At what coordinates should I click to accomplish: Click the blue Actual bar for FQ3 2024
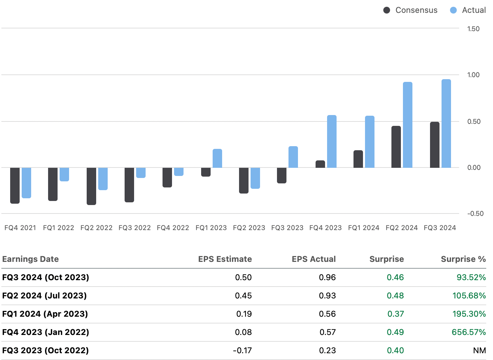coord(446,123)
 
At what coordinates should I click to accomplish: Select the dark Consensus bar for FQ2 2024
coord(396,147)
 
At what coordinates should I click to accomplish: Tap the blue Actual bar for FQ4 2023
coord(332,141)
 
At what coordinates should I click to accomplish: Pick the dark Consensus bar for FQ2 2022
coord(91,186)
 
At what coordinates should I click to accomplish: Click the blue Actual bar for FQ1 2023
coord(217,158)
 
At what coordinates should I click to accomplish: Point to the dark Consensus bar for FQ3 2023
coord(282,175)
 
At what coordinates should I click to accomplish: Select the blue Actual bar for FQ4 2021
coord(26,183)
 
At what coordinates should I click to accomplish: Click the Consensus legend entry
coord(410,10)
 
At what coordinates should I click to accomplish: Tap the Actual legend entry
coord(468,10)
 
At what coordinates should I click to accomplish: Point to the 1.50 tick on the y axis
coord(473,29)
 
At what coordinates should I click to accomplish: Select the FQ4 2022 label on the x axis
coord(173,228)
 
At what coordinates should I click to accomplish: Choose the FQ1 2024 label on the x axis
coord(364,228)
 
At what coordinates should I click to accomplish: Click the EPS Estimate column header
coord(225,259)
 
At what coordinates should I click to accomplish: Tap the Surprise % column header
coord(463,259)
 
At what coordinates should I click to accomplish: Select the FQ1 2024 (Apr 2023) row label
coord(45,314)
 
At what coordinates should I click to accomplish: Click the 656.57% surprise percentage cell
coord(469,332)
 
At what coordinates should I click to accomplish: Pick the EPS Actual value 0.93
coord(327,296)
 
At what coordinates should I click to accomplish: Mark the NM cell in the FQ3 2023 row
coord(479,351)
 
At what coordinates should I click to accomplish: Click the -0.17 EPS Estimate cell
coord(242,351)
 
